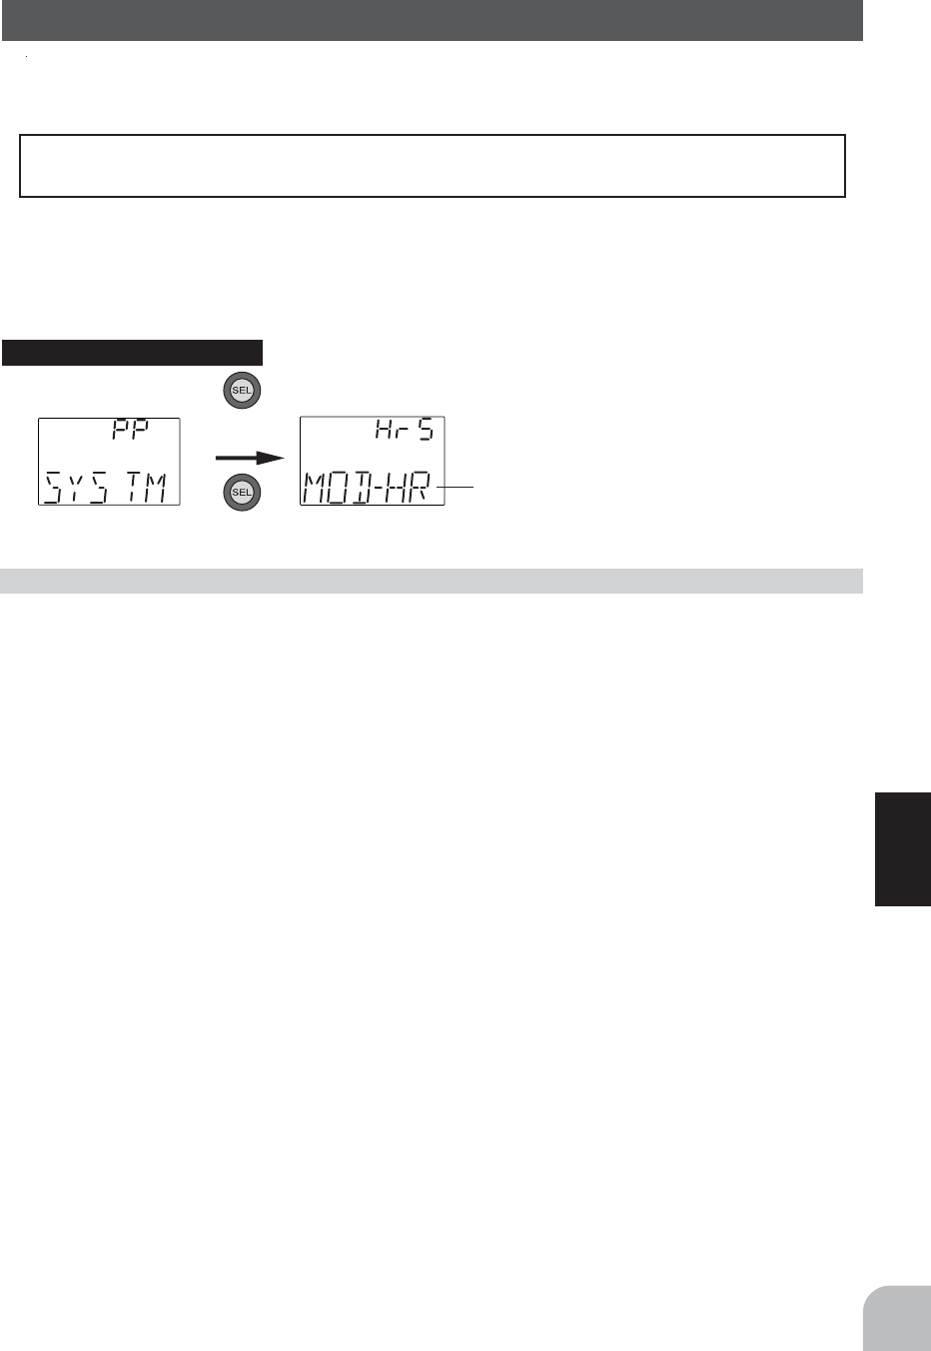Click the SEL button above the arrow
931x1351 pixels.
(x=242, y=391)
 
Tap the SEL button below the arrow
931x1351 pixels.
(x=242, y=493)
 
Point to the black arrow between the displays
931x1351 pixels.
(x=250, y=459)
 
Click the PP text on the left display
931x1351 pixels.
(x=130, y=430)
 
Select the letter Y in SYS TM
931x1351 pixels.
(x=75, y=488)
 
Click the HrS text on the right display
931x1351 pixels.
(x=404, y=430)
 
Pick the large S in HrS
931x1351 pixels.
(x=426, y=430)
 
